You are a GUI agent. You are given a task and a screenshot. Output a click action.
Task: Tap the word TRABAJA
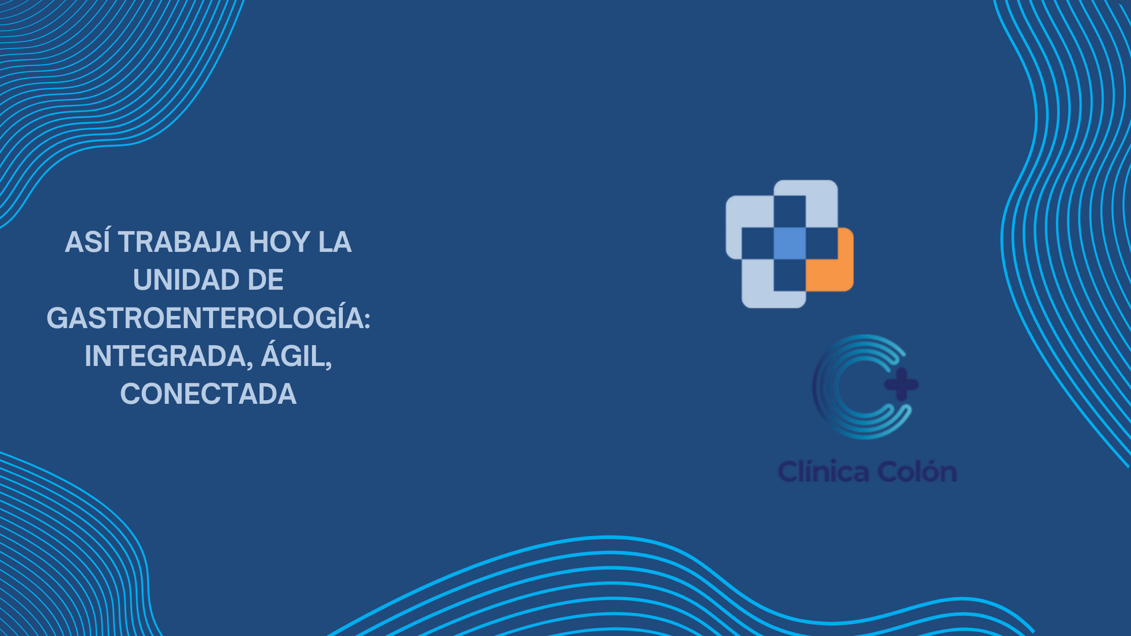pyautogui.click(x=179, y=242)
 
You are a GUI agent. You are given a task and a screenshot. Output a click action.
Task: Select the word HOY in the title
pyautogui.click(x=280, y=242)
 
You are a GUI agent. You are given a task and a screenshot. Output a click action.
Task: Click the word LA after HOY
pyautogui.click(x=335, y=242)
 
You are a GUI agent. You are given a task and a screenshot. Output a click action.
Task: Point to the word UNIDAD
pyautogui.click(x=186, y=280)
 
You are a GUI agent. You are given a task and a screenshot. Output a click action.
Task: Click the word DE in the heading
pyautogui.click(x=266, y=280)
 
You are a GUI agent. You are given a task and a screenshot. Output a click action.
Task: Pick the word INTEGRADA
pyautogui.click(x=165, y=356)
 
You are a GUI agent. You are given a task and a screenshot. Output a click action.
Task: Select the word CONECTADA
pyautogui.click(x=208, y=394)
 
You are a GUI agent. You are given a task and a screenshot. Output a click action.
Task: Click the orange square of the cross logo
pyautogui.click(x=830, y=259)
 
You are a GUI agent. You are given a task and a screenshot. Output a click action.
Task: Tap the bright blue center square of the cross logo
pyautogui.click(x=790, y=243)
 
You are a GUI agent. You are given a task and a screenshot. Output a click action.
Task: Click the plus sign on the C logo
pyautogui.click(x=902, y=385)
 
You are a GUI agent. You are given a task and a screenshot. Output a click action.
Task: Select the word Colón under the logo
pyautogui.click(x=917, y=472)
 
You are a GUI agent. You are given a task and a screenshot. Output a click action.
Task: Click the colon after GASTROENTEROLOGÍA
pyautogui.click(x=367, y=319)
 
